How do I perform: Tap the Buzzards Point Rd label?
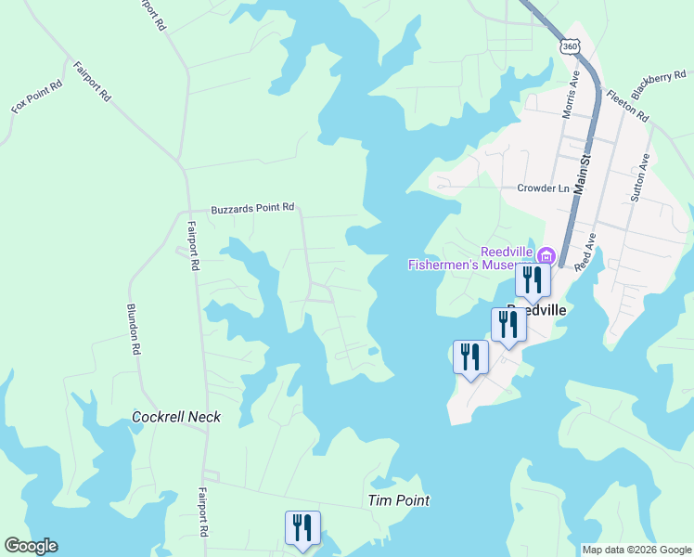[252, 208]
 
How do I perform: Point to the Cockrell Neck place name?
[176, 417]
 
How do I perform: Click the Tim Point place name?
[399, 500]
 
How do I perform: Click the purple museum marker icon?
[546, 254]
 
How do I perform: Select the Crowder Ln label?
[543, 188]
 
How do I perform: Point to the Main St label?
[584, 174]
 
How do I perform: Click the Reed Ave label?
[585, 252]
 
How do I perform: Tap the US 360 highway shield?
[570, 45]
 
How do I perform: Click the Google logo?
[31, 546]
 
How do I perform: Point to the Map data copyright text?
[636, 550]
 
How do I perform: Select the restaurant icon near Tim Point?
[302, 527]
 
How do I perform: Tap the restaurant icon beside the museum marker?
[533, 279]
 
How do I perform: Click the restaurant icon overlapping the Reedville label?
[508, 324]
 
